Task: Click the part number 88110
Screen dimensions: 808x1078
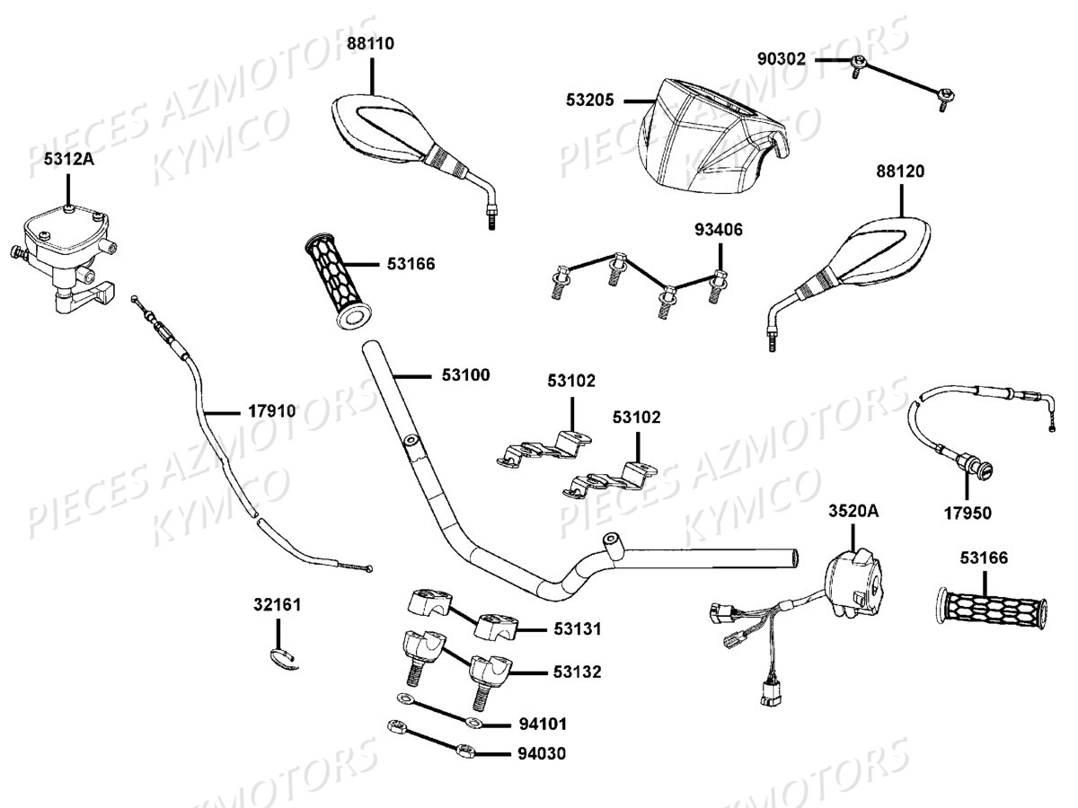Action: pos(370,42)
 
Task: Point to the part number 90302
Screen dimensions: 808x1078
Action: pos(782,60)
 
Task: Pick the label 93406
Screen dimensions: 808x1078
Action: pos(718,230)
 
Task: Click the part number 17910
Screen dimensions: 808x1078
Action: pos(271,411)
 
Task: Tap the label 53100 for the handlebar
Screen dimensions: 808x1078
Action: pos(465,374)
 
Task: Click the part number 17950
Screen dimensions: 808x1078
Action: pos(968,514)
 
